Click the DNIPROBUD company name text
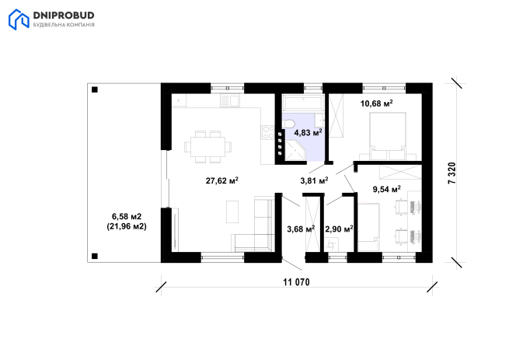coord(64,16)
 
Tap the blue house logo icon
coord(19,19)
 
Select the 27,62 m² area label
coord(222,180)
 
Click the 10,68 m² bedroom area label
coord(377,103)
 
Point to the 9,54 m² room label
coord(387,189)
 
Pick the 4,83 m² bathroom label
coord(308,132)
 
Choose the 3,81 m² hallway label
coord(314,180)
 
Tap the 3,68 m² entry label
coord(301,229)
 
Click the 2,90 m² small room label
coord(340,229)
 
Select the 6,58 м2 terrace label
coord(127,216)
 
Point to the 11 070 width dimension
coord(296,282)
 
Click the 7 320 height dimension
coord(451,173)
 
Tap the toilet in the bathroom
coord(288,124)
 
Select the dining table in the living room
coord(207,146)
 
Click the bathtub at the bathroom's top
coord(303,103)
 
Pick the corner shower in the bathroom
coord(295,150)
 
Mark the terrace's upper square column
coord(95,89)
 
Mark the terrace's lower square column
coord(95,257)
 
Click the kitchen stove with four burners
coord(268,132)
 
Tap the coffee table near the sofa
coord(232,211)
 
